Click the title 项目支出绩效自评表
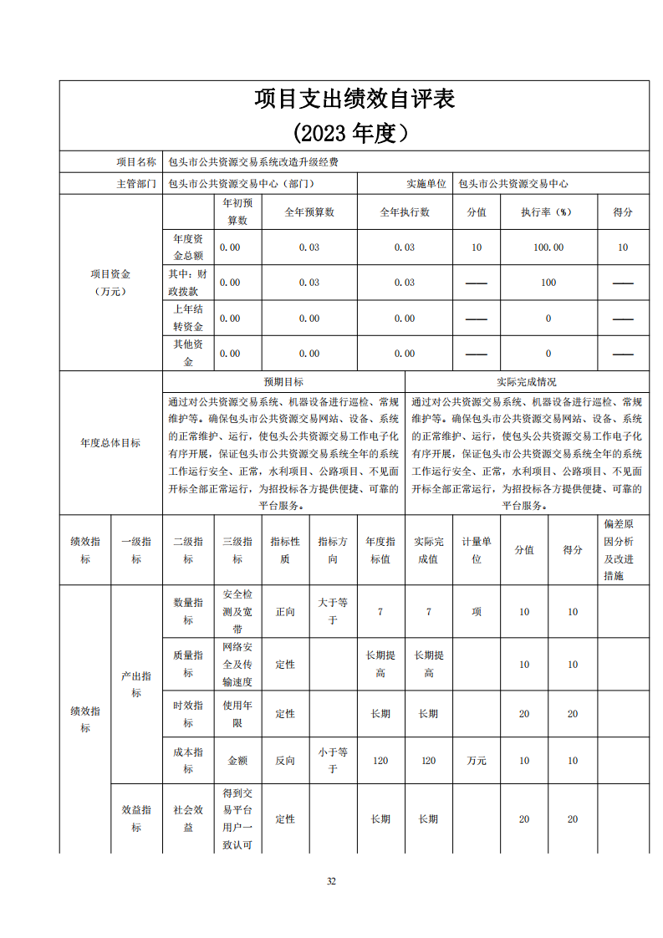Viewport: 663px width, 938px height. [x=354, y=99]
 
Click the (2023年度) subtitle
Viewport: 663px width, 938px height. [x=354, y=133]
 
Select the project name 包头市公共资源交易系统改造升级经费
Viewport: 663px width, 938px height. [x=253, y=161]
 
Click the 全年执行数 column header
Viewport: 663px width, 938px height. [x=405, y=212]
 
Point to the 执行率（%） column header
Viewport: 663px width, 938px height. [x=548, y=212]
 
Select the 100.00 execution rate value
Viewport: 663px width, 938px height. [x=548, y=247]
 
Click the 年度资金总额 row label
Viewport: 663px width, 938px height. [x=187, y=247]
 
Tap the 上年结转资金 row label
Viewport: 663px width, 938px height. [x=187, y=318]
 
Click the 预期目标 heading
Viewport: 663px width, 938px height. [x=283, y=381]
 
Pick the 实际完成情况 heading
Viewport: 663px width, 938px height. [x=527, y=381]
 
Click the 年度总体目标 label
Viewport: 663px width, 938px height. [x=110, y=443]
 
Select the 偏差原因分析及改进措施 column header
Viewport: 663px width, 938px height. [x=623, y=549]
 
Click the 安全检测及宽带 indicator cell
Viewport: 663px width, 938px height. [x=237, y=611]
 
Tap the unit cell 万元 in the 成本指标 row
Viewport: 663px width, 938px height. [x=477, y=761]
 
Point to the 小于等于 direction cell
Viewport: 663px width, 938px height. [x=333, y=760]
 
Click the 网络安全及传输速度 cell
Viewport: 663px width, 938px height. [x=237, y=664]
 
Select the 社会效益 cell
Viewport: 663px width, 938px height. [x=188, y=818]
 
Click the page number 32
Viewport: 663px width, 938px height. [x=331, y=881]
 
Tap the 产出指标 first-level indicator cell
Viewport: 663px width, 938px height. [x=136, y=684]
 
